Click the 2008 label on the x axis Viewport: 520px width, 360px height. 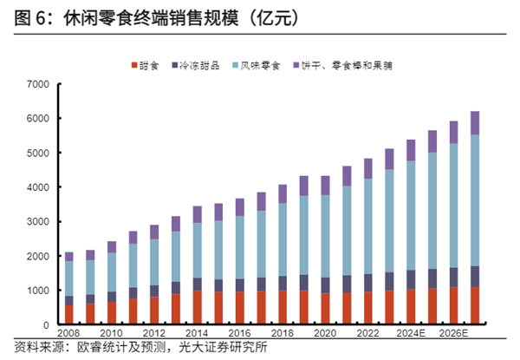pos(68,334)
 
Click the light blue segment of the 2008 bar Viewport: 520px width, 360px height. pos(68,278)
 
